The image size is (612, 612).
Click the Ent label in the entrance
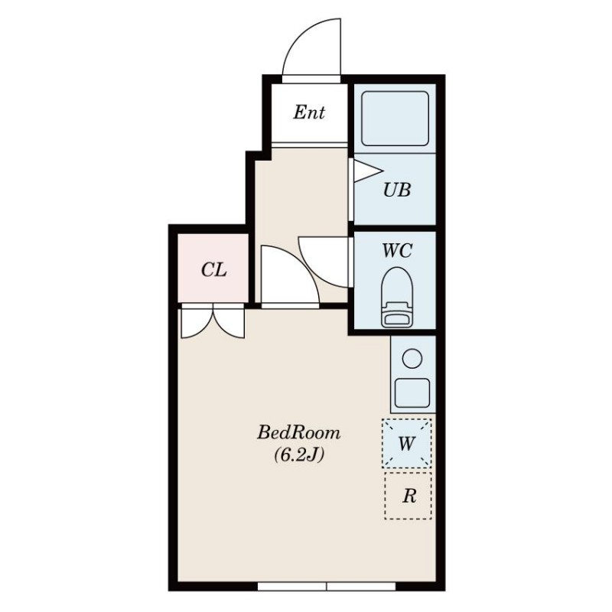pos(309,112)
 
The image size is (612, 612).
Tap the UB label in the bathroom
pos(397,190)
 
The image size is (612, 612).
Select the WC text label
pos(397,251)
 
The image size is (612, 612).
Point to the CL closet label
pos(214,270)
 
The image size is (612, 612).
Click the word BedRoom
pos(298,432)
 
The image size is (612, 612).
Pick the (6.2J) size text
pos(299,455)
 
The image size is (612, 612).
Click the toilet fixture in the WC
pos(397,297)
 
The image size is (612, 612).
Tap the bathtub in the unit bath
pos(395,119)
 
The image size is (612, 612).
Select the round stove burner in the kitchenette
pos(412,358)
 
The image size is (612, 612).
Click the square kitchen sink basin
pos(412,392)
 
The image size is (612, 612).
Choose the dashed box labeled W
pos(407,444)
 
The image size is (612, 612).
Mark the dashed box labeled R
pos(408,496)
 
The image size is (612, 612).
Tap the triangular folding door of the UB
pos(368,171)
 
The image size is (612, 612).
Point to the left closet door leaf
pos(197,323)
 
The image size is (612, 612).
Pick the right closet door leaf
pos(229,323)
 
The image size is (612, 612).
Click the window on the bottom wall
pos(327,586)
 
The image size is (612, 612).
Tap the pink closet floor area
pos(213,269)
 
